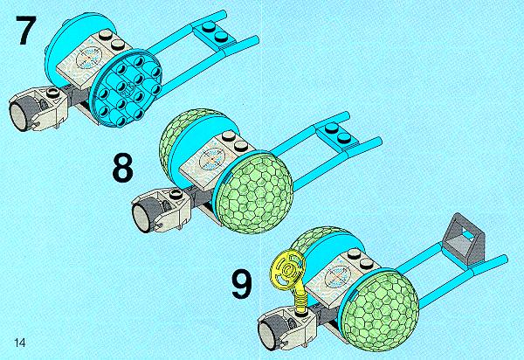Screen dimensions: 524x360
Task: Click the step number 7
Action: [x=24, y=30]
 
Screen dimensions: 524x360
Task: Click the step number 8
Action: [x=122, y=167]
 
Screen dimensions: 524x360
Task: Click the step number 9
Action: [x=242, y=284]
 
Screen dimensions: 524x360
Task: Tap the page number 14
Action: [x=19, y=343]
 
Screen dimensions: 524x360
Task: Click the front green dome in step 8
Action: [x=256, y=194]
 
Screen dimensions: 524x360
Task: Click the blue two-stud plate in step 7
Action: [x=215, y=33]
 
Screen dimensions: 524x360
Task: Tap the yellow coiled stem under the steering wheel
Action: [x=300, y=296]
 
